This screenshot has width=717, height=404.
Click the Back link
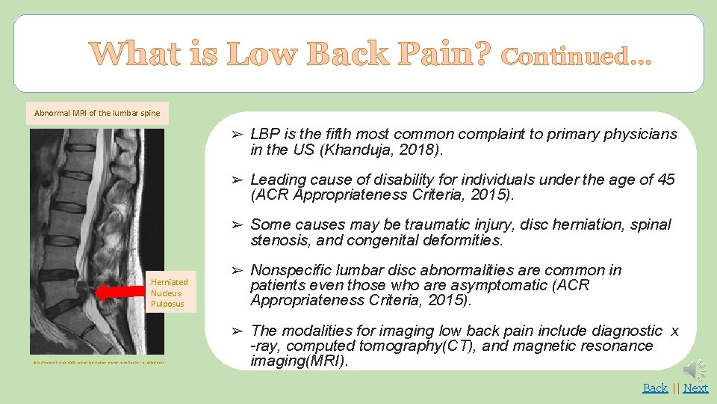[655, 388]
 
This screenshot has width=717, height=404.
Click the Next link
[695, 388]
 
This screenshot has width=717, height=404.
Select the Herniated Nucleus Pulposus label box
[170, 293]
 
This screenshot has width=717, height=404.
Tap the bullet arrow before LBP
[236, 135]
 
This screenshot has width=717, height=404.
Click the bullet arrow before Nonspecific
[236, 270]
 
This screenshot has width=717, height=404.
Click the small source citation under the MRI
[98, 363]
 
